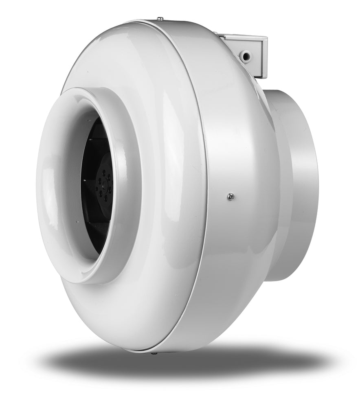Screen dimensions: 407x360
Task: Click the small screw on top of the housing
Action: tap(160, 18)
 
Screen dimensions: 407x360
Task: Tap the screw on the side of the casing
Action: tap(231, 197)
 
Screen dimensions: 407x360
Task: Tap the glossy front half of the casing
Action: tap(163, 122)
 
